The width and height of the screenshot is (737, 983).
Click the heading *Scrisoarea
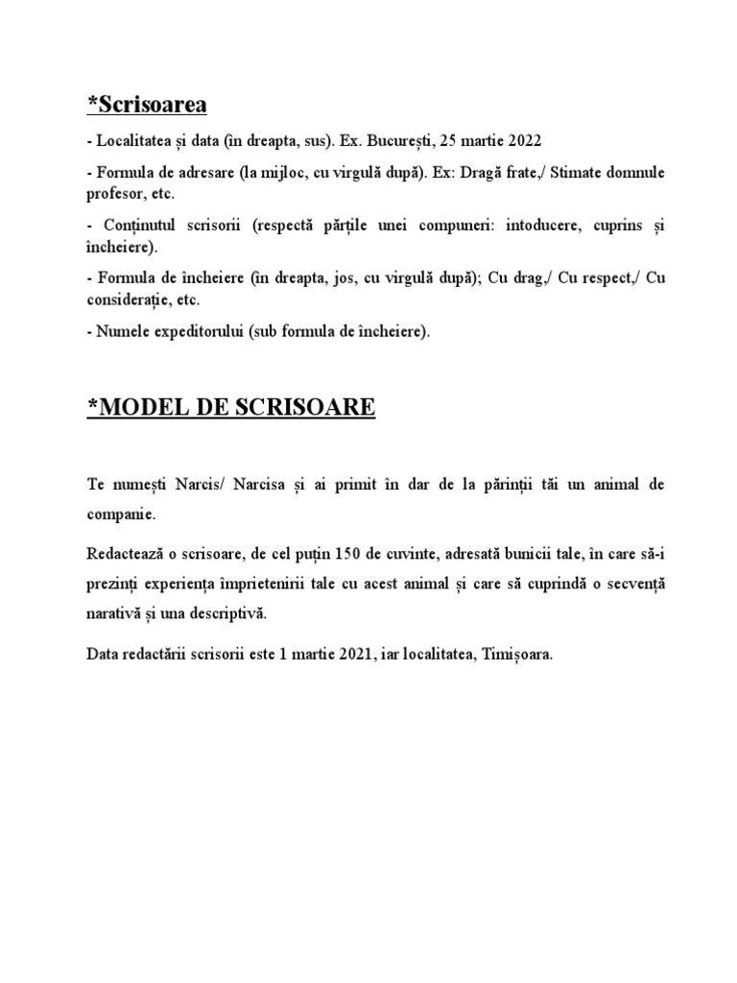146,104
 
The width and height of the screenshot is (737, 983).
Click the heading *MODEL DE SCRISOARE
231,409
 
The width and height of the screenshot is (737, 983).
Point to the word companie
120,515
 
